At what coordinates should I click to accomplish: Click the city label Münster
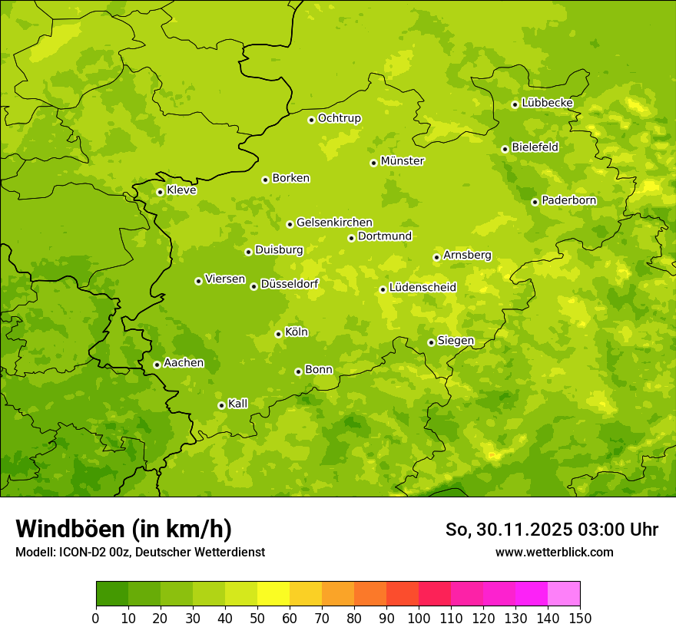pyautogui.click(x=402, y=161)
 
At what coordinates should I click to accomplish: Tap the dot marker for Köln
pyautogui.click(x=278, y=334)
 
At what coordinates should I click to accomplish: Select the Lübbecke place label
pyautogui.click(x=547, y=103)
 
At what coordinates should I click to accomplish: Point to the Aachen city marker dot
pyautogui.click(x=157, y=365)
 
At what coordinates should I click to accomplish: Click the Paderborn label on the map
pyautogui.click(x=568, y=200)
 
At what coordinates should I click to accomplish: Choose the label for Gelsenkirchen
pyautogui.click(x=334, y=223)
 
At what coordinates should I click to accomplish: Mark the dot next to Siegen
pyautogui.click(x=431, y=342)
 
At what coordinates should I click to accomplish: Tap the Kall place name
pyautogui.click(x=238, y=404)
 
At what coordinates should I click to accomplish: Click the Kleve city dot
pyautogui.click(x=160, y=192)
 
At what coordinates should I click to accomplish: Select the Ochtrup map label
pyautogui.click(x=339, y=118)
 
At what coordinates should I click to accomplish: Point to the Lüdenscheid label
pyautogui.click(x=422, y=288)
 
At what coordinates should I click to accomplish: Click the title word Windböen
pyautogui.click(x=70, y=529)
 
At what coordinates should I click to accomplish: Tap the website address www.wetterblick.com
pyautogui.click(x=554, y=552)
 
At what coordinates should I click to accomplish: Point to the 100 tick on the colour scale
pyautogui.click(x=419, y=618)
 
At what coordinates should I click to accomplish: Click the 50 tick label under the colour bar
pyautogui.click(x=257, y=618)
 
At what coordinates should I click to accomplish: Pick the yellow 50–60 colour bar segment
pyautogui.click(x=273, y=594)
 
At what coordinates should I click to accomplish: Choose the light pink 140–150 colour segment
pyautogui.click(x=564, y=594)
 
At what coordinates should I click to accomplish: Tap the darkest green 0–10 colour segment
pyautogui.click(x=112, y=594)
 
